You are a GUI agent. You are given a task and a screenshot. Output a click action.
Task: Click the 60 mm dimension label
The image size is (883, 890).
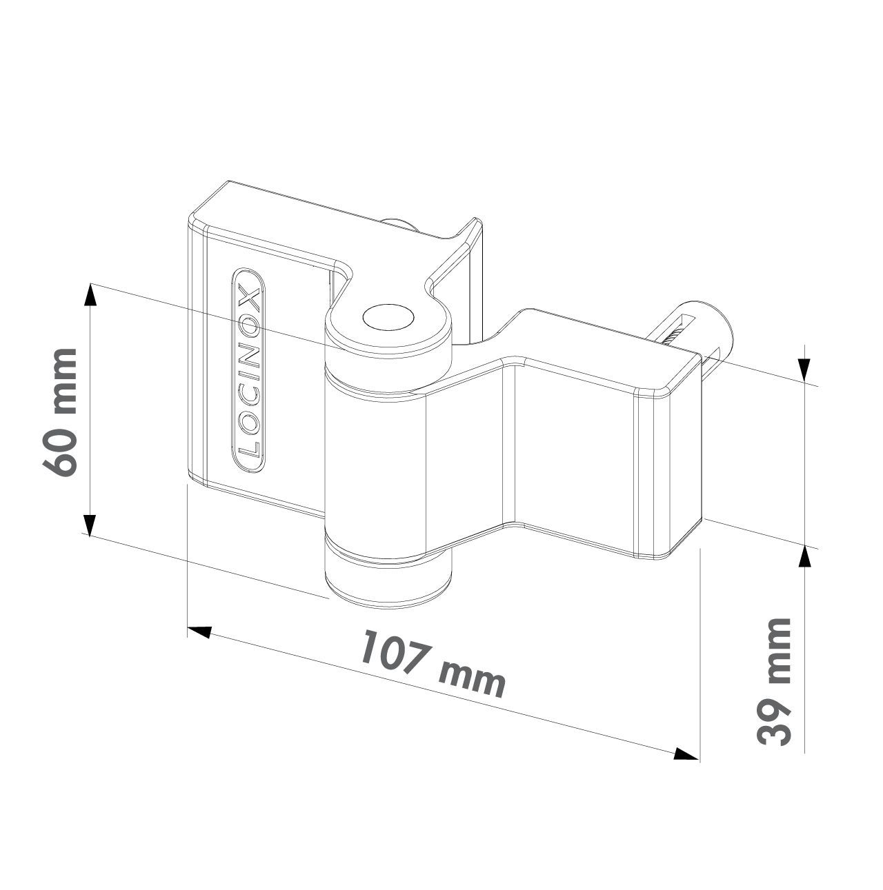(x=59, y=412)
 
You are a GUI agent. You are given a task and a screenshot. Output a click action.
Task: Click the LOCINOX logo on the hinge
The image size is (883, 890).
(x=248, y=370)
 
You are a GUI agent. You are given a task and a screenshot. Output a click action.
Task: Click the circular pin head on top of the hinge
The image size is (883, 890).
(x=388, y=317)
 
